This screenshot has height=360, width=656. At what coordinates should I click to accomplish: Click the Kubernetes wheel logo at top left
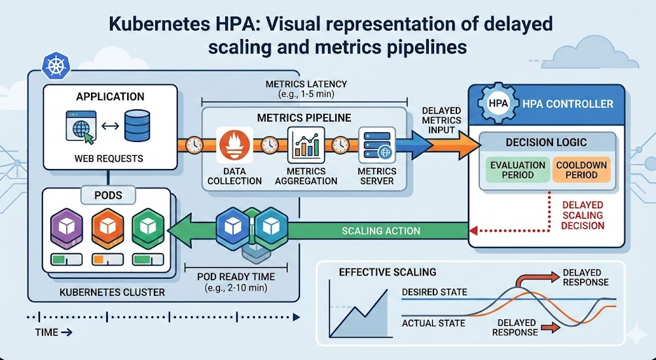52,65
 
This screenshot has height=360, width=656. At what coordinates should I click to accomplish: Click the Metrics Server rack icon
376,145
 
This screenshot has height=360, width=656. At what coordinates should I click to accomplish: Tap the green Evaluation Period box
518,170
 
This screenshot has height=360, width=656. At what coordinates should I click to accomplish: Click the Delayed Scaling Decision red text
583,215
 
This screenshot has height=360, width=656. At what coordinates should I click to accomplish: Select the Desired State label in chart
434,291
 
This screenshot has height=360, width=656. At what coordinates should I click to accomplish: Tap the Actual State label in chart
433,323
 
